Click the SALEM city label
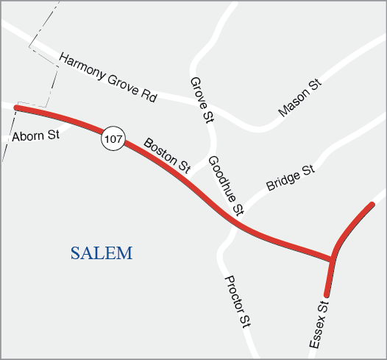(102, 254)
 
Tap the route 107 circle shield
(113, 138)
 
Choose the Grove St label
(201, 99)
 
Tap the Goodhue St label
(225, 186)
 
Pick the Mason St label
(300, 99)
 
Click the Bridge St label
(291, 178)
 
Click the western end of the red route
(16, 107)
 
